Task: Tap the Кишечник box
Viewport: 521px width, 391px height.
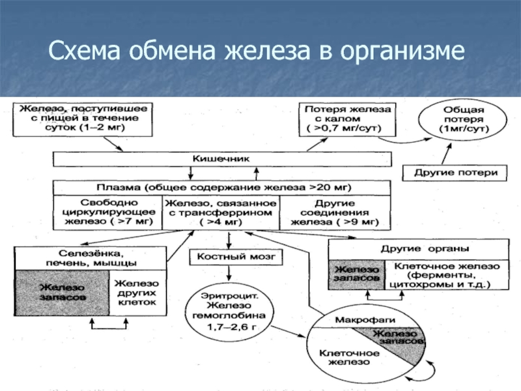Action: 221,158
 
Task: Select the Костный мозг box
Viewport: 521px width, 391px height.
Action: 236,257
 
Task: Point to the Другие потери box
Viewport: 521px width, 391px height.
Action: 456,173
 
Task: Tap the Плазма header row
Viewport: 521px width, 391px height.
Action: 221,188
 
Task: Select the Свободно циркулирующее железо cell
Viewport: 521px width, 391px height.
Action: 107,212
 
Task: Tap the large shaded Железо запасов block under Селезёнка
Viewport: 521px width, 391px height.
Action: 61,293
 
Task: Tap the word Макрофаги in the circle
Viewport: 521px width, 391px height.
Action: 365,321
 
